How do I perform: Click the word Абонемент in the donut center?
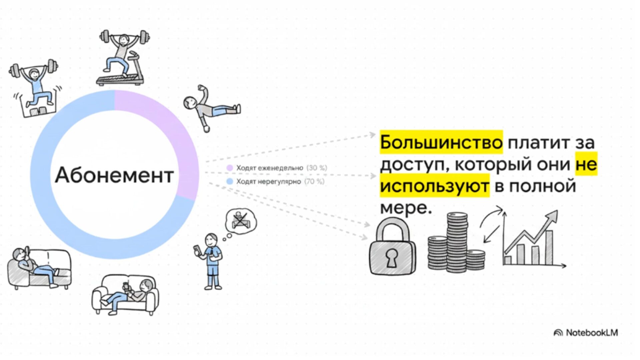(x=114, y=175)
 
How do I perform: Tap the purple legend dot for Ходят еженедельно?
(x=229, y=168)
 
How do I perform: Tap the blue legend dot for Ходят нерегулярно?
(x=229, y=181)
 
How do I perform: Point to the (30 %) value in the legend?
(x=317, y=168)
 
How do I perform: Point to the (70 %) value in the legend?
(x=314, y=181)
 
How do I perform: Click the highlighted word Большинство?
(x=441, y=142)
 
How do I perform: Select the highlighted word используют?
(x=434, y=186)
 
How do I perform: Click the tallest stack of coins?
(x=457, y=242)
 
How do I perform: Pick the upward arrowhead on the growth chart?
(x=553, y=215)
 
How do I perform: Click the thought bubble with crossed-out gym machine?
(x=241, y=221)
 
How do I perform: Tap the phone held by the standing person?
(x=197, y=250)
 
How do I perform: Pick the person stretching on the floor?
(x=211, y=107)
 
